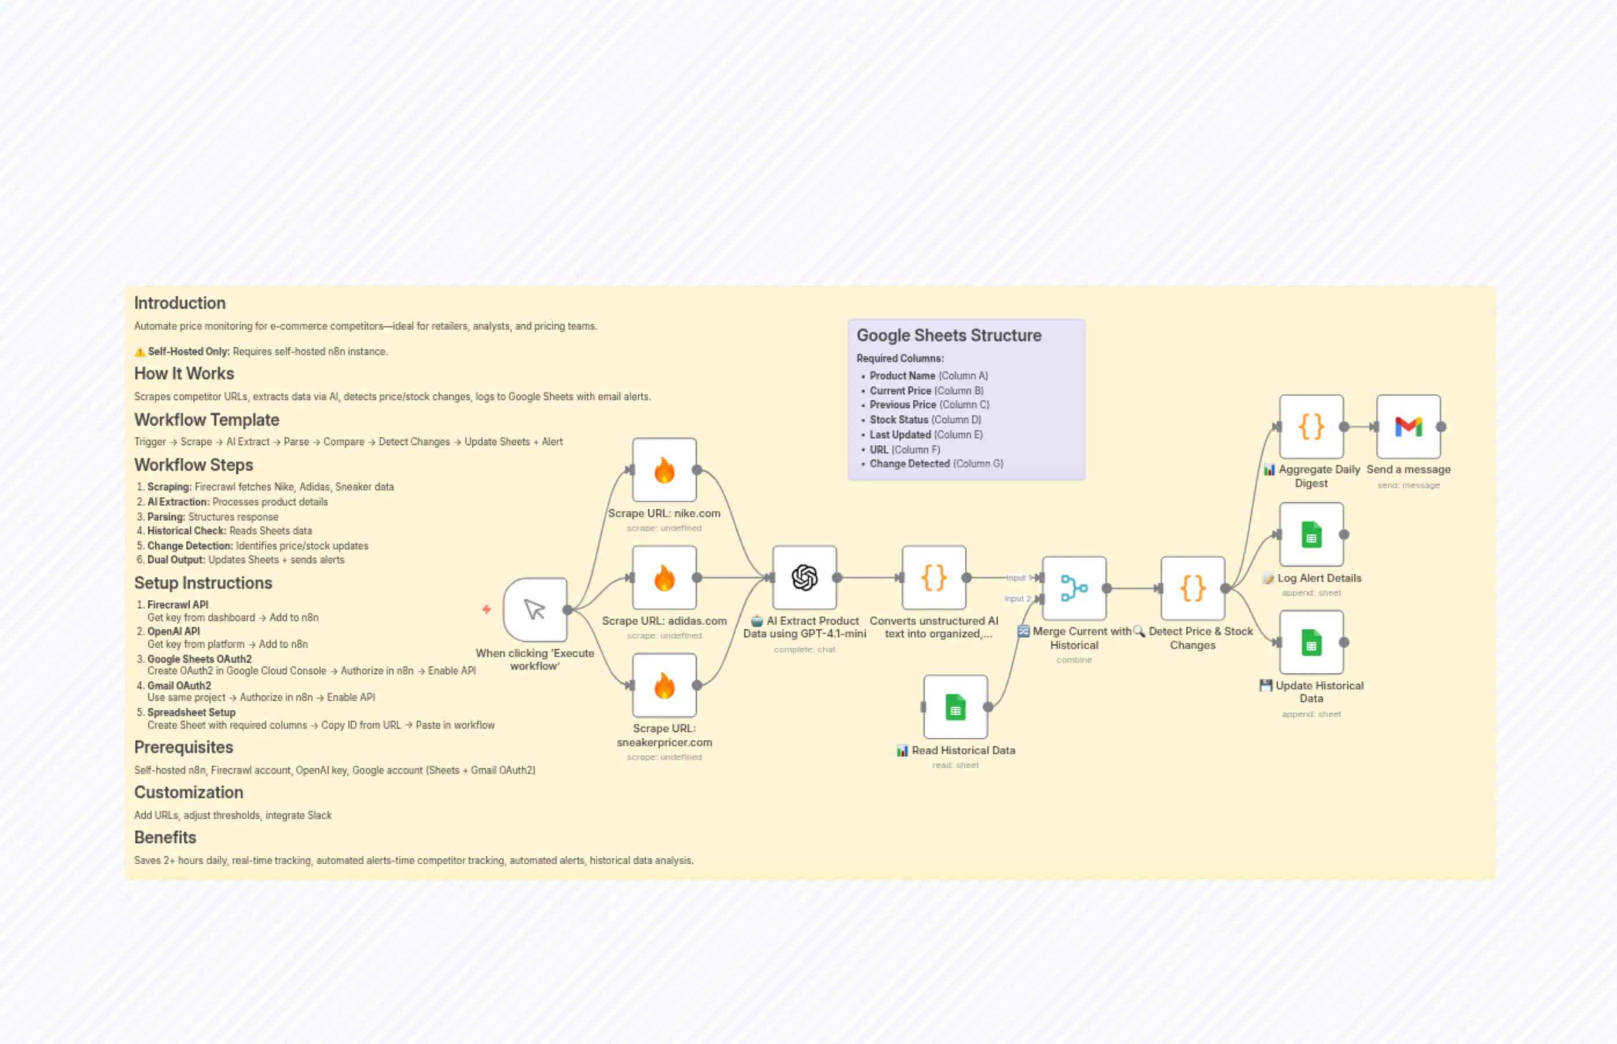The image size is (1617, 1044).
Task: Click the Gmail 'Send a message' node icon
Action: [1408, 426]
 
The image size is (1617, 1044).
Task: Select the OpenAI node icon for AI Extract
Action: [804, 578]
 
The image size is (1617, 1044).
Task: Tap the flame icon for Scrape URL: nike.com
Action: [664, 470]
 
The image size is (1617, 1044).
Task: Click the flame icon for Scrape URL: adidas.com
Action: [664, 578]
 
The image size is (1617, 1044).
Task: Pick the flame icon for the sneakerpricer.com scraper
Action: [664, 685]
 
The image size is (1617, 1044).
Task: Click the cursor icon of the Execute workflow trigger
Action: [535, 610]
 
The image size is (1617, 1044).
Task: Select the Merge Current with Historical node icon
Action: [1074, 588]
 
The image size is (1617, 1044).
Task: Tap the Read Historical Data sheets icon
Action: [955, 707]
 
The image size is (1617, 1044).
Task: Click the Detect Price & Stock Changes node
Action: [1192, 588]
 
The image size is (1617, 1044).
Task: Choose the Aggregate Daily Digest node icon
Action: [1311, 426]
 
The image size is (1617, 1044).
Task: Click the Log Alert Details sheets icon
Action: [1311, 535]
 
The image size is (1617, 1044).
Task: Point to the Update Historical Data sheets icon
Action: [1311, 642]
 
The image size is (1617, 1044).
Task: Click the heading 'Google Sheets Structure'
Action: [948, 335]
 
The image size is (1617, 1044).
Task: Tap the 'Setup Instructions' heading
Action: [203, 583]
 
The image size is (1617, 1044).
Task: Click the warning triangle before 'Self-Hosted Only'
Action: [139, 352]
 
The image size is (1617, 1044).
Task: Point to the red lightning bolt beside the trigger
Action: [486, 609]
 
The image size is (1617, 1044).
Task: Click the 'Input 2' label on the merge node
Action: [1017, 599]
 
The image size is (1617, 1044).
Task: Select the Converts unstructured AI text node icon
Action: [934, 578]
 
